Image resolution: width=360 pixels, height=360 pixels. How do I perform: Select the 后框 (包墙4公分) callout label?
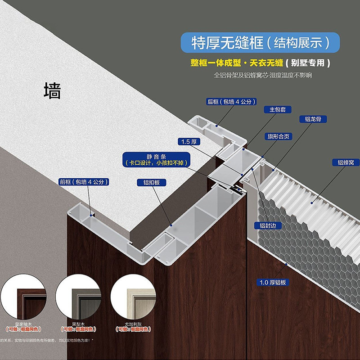[231, 101]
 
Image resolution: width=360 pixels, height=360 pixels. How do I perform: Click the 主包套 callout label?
[281, 109]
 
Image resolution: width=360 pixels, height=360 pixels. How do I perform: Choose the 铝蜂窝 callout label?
[346, 162]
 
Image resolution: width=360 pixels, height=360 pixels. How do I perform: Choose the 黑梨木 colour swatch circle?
[78, 297]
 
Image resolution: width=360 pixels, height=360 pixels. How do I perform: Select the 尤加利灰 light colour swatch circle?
[132, 297]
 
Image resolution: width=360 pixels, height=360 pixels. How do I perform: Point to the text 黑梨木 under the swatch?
[78, 324]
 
